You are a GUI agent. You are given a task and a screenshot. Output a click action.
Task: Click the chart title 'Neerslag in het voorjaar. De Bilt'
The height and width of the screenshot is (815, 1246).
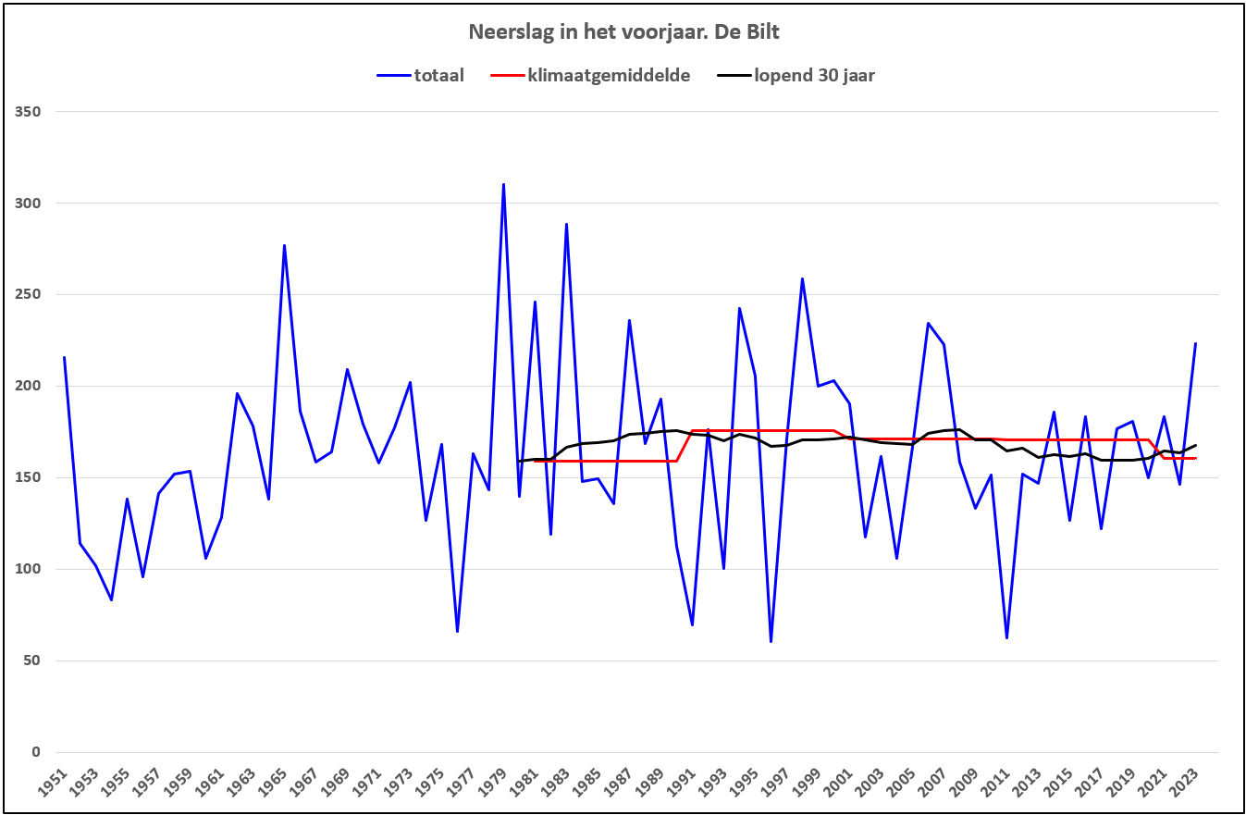[x=623, y=32]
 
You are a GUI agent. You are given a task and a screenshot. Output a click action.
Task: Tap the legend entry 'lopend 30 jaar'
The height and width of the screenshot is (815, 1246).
[x=814, y=76]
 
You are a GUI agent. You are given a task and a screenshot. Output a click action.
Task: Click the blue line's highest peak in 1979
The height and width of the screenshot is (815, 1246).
[x=503, y=184]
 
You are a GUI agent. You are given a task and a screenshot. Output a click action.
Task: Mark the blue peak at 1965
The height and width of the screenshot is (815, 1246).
[x=284, y=245]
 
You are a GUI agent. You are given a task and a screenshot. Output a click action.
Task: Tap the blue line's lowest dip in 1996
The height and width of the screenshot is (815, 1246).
[x=771, y=642]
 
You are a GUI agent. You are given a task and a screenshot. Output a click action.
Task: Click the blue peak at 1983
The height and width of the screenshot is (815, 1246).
[x=566, y=224]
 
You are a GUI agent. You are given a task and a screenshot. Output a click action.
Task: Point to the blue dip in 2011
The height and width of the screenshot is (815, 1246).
[x=1006, y=638]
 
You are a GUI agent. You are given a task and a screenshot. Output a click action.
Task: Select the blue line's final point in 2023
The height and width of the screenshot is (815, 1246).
[x=1195, y=343]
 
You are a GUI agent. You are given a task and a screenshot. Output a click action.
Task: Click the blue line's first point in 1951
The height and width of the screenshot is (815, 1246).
[x=64, y=357]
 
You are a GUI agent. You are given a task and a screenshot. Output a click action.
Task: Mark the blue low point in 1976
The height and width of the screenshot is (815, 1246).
[x=457, y=632]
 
